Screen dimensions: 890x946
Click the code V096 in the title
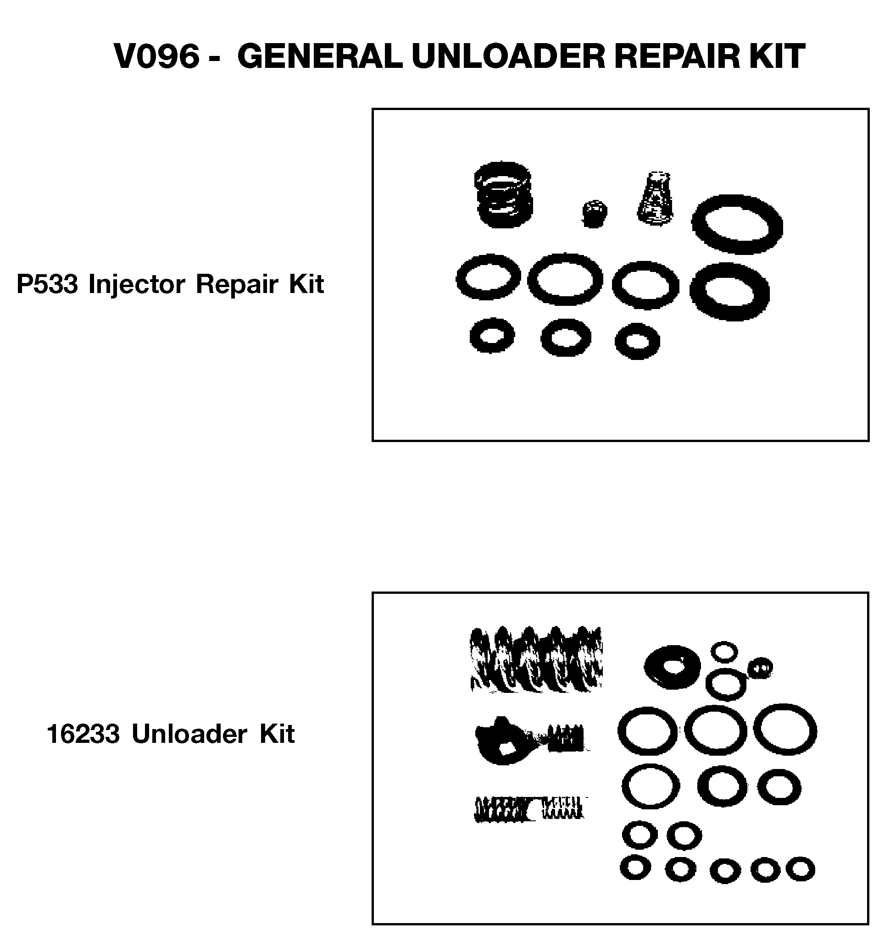pos(157,56)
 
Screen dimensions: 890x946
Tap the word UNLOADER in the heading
pos(508,56)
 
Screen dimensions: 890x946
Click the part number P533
pos(47,284)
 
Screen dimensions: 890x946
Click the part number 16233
pos(83,734)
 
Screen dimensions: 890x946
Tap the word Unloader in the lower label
pos(189,734)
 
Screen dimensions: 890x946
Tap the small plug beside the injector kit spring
pos(594,214)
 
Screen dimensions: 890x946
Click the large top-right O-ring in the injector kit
pos(737,224)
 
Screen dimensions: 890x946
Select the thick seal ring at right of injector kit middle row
pos(729,291)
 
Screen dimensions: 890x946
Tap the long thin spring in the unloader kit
pos(528,809)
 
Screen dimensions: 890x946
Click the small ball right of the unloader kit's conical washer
pos(760,668)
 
